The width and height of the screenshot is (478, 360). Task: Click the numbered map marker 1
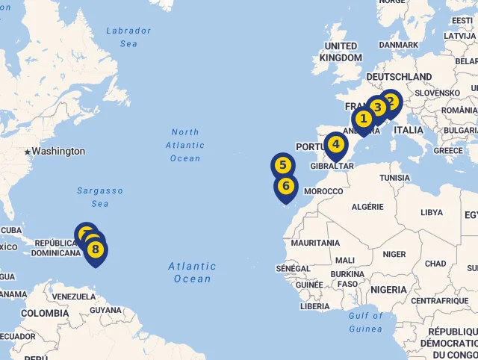tap(363, 119)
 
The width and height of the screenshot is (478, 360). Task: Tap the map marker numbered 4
tap(336, 144)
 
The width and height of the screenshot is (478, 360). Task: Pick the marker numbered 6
tap(286, 186)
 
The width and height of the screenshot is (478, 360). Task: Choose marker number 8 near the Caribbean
tap(96, 249)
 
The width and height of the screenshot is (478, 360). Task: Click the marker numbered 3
tap(377, 108)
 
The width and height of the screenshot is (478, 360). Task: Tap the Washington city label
tap(58, 152)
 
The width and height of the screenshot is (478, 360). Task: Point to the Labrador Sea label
tap(128, 37)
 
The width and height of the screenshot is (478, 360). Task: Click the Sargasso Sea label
tap(99, 197)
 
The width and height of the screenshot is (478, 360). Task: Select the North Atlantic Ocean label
tap(184, 145)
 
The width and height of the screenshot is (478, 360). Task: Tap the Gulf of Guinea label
tap(365, 322)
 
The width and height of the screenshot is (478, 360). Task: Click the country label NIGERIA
tap(388, 290)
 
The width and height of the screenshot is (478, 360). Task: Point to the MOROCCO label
tap(323, 191)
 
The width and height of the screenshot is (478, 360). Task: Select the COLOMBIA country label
tap(45, 314)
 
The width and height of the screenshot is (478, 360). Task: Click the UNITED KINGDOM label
tap(341, 52)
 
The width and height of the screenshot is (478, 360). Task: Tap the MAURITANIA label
tap(316, 243)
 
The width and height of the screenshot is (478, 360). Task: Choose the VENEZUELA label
tap(74, 297)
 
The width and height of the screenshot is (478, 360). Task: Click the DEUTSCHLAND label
tap(399, 77)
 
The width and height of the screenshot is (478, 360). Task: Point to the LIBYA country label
tap(432, 212)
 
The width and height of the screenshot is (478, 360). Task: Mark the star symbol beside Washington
tap(28, 152)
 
